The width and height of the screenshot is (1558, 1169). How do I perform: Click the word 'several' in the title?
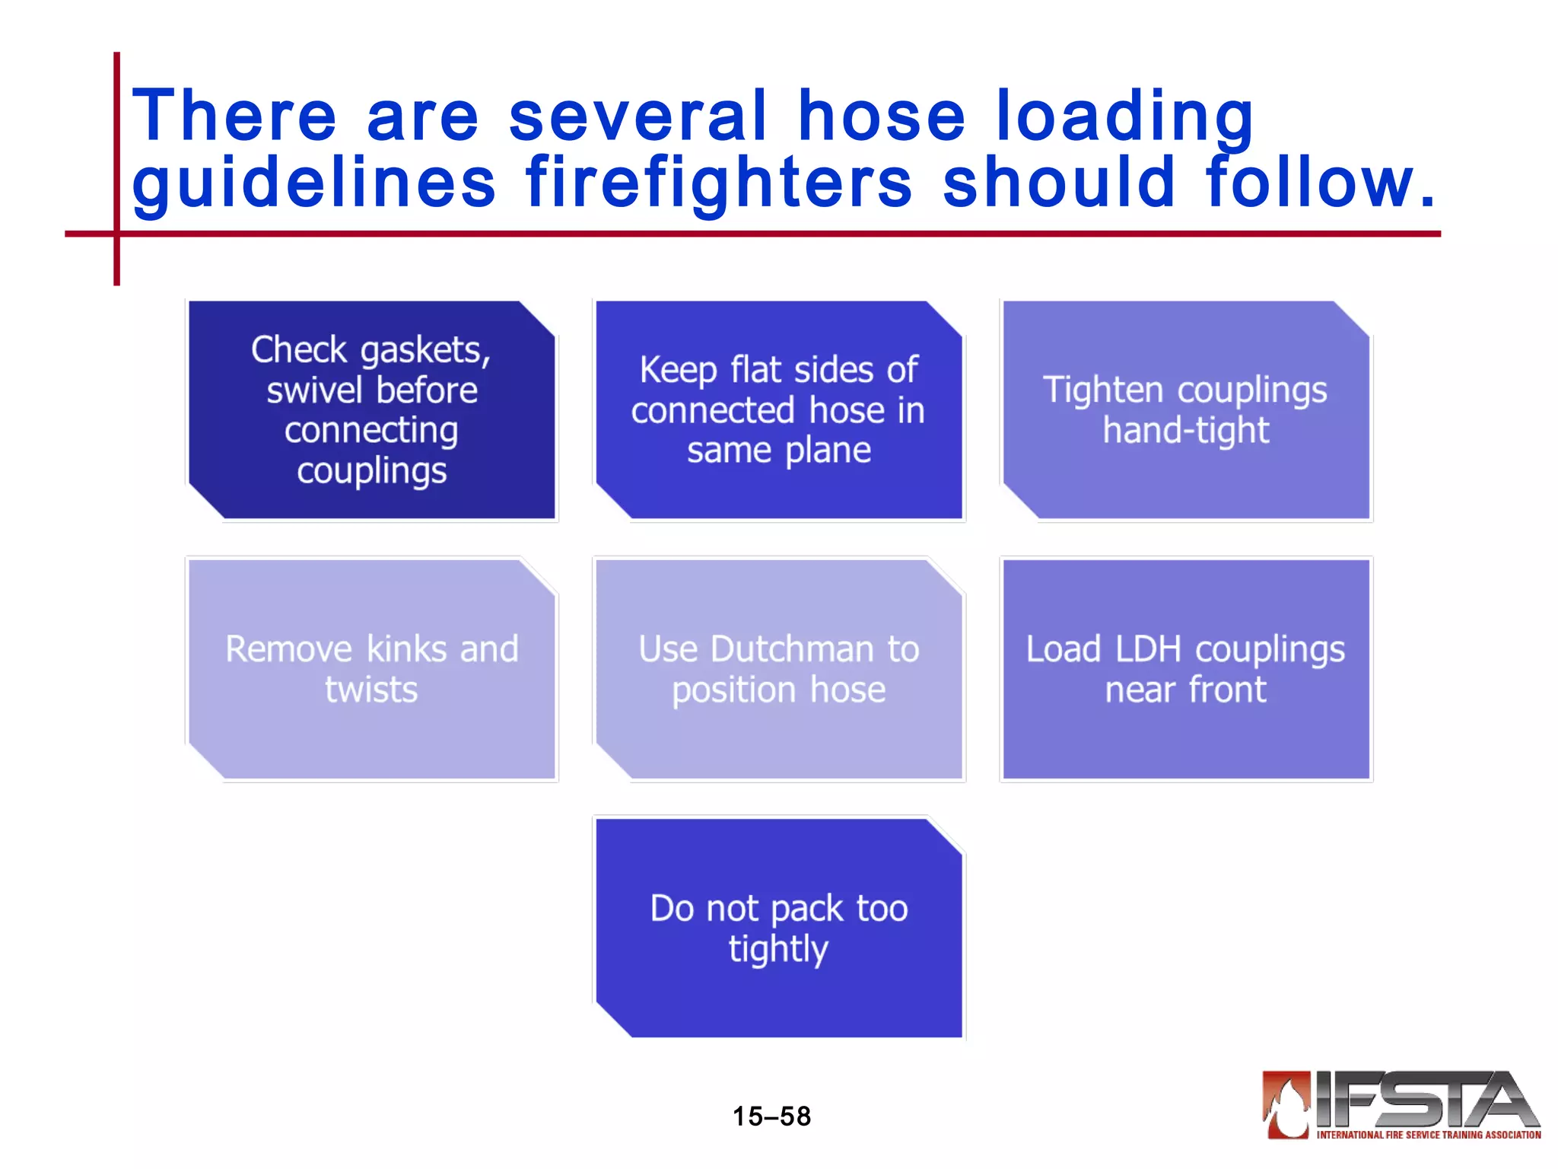pyautogui.click(x=638, y=116)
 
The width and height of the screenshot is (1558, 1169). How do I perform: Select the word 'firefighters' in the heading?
pyautogui.click(x=719, y=183)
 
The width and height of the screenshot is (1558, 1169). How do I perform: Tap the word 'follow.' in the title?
pyautogui.click(x=1321, y=183)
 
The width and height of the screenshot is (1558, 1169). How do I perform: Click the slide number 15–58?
pyautogui.click(x=771, y=1116)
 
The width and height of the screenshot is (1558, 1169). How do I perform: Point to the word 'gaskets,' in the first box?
pyautogui.click(x=425, y=351)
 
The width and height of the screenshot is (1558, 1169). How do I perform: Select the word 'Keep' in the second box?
pyautogui.click(x=679, y=371)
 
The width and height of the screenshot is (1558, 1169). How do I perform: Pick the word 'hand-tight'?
pyautogui.click(x=1186, y=431)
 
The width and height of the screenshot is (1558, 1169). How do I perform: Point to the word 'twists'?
pyautogui.click(x=371, y=690)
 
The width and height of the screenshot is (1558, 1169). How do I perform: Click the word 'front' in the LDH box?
pyautogui.click(x=1227, y=690)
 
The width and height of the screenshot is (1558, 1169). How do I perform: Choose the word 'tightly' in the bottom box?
pyautogui.click(x=778, y=949)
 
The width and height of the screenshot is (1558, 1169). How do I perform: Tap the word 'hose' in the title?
pyautogui.click(x=881, y=116)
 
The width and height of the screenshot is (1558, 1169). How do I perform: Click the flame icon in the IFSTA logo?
pyautogui.click(x=1287, y=1105)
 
